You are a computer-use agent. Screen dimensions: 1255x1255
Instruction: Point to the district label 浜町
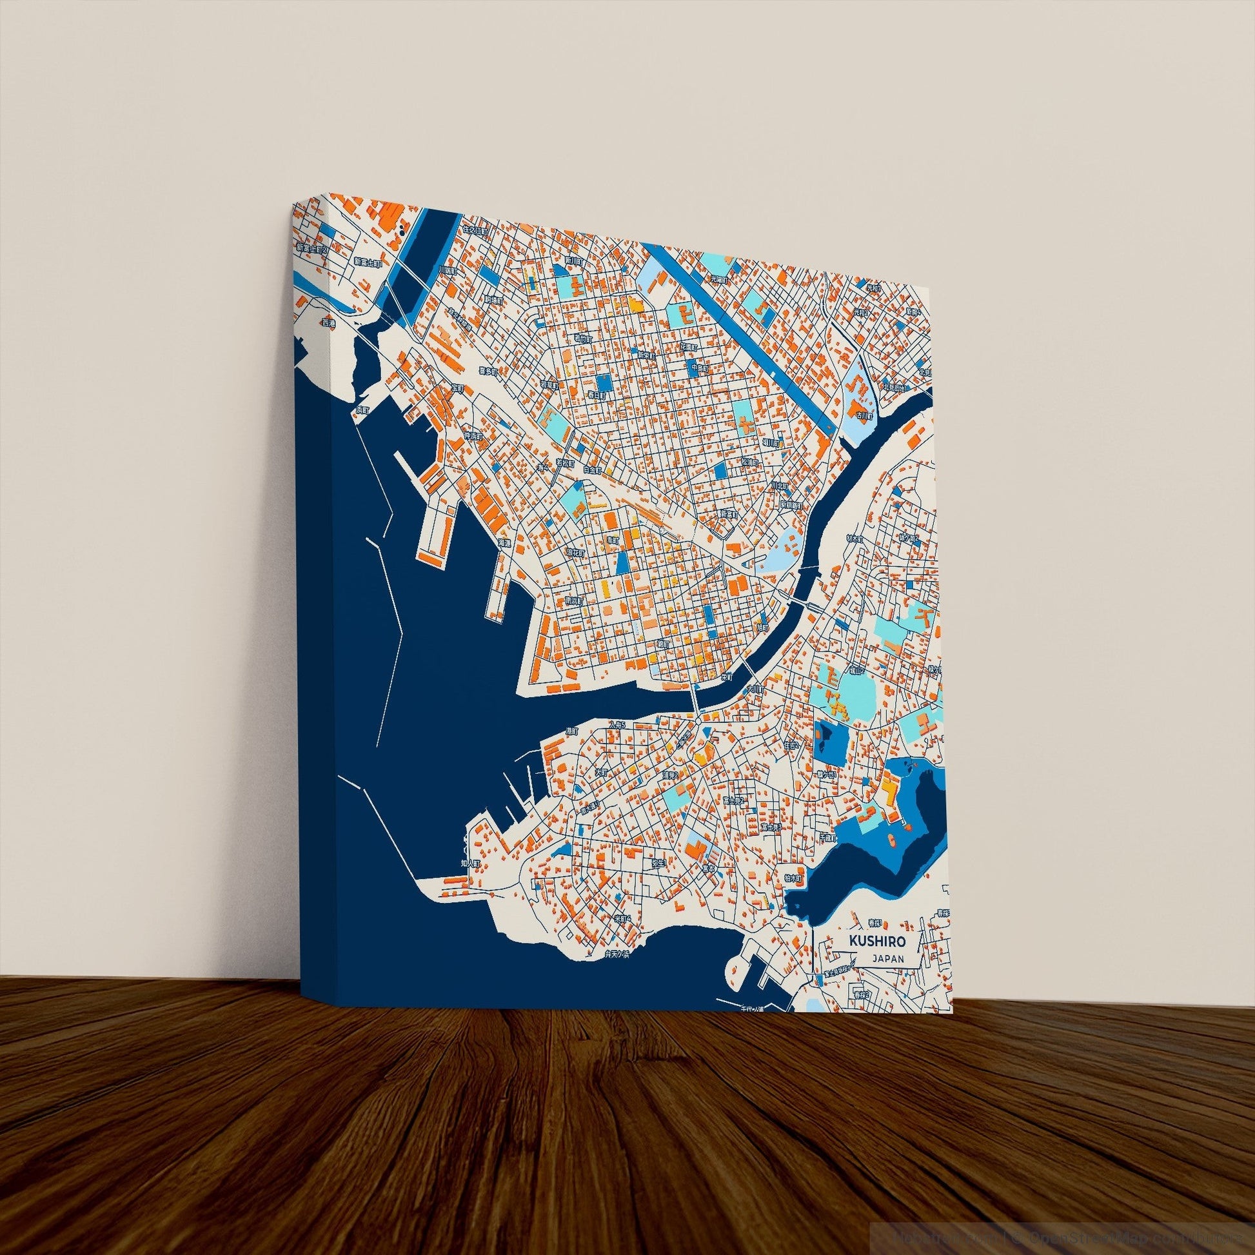pyautogui.click(x=362, y=411)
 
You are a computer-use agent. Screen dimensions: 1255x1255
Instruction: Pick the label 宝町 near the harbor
pyautogui.click(x=458, y=388)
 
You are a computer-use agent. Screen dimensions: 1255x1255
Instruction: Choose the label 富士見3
pyautogui.click(x=771, y=827)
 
